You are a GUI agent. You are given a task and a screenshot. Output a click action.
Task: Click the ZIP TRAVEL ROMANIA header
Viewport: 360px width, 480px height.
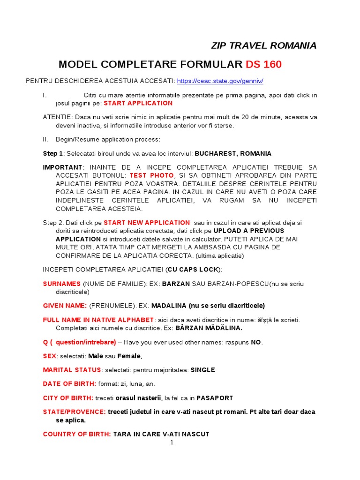(x=264, y=45)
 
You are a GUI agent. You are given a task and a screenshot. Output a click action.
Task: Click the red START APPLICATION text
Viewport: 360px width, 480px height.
(x=138, y=103)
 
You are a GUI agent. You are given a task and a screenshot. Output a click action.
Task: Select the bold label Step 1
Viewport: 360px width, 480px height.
(x=53, y=154)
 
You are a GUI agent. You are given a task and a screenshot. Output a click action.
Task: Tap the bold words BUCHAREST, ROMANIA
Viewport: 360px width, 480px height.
(x=233, y=154)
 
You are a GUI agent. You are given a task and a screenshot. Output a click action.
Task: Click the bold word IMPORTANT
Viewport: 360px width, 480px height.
(x=62, y=167)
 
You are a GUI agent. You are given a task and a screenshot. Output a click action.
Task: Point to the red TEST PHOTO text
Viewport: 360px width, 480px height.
(x=151, y=175)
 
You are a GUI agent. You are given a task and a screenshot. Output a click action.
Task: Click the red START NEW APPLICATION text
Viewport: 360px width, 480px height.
(x=147, y=223)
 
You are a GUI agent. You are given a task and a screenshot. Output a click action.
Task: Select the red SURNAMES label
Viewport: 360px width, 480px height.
(x=62, y=284)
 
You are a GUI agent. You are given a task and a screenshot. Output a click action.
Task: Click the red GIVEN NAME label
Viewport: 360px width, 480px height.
(x=65, y=306)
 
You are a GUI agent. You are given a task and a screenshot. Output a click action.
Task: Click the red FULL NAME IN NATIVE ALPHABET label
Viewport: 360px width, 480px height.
(x=98, y=320)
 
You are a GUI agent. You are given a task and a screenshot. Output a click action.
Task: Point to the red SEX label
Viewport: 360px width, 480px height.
(x=50, y=356)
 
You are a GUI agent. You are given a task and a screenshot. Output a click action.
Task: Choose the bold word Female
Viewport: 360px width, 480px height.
(x=129, y=356)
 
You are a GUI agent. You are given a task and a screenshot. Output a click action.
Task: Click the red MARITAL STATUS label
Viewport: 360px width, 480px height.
(x=72, y=370)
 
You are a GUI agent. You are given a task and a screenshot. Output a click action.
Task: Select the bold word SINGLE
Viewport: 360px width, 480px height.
(x=202, y=370)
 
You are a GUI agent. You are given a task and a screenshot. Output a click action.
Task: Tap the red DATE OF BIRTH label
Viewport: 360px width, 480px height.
(x=69, y=384)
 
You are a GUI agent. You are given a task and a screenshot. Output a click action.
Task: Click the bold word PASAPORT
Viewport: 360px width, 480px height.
(x=214, y=398)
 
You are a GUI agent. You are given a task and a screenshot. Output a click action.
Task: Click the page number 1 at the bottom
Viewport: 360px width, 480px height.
(x=172, y=442)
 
